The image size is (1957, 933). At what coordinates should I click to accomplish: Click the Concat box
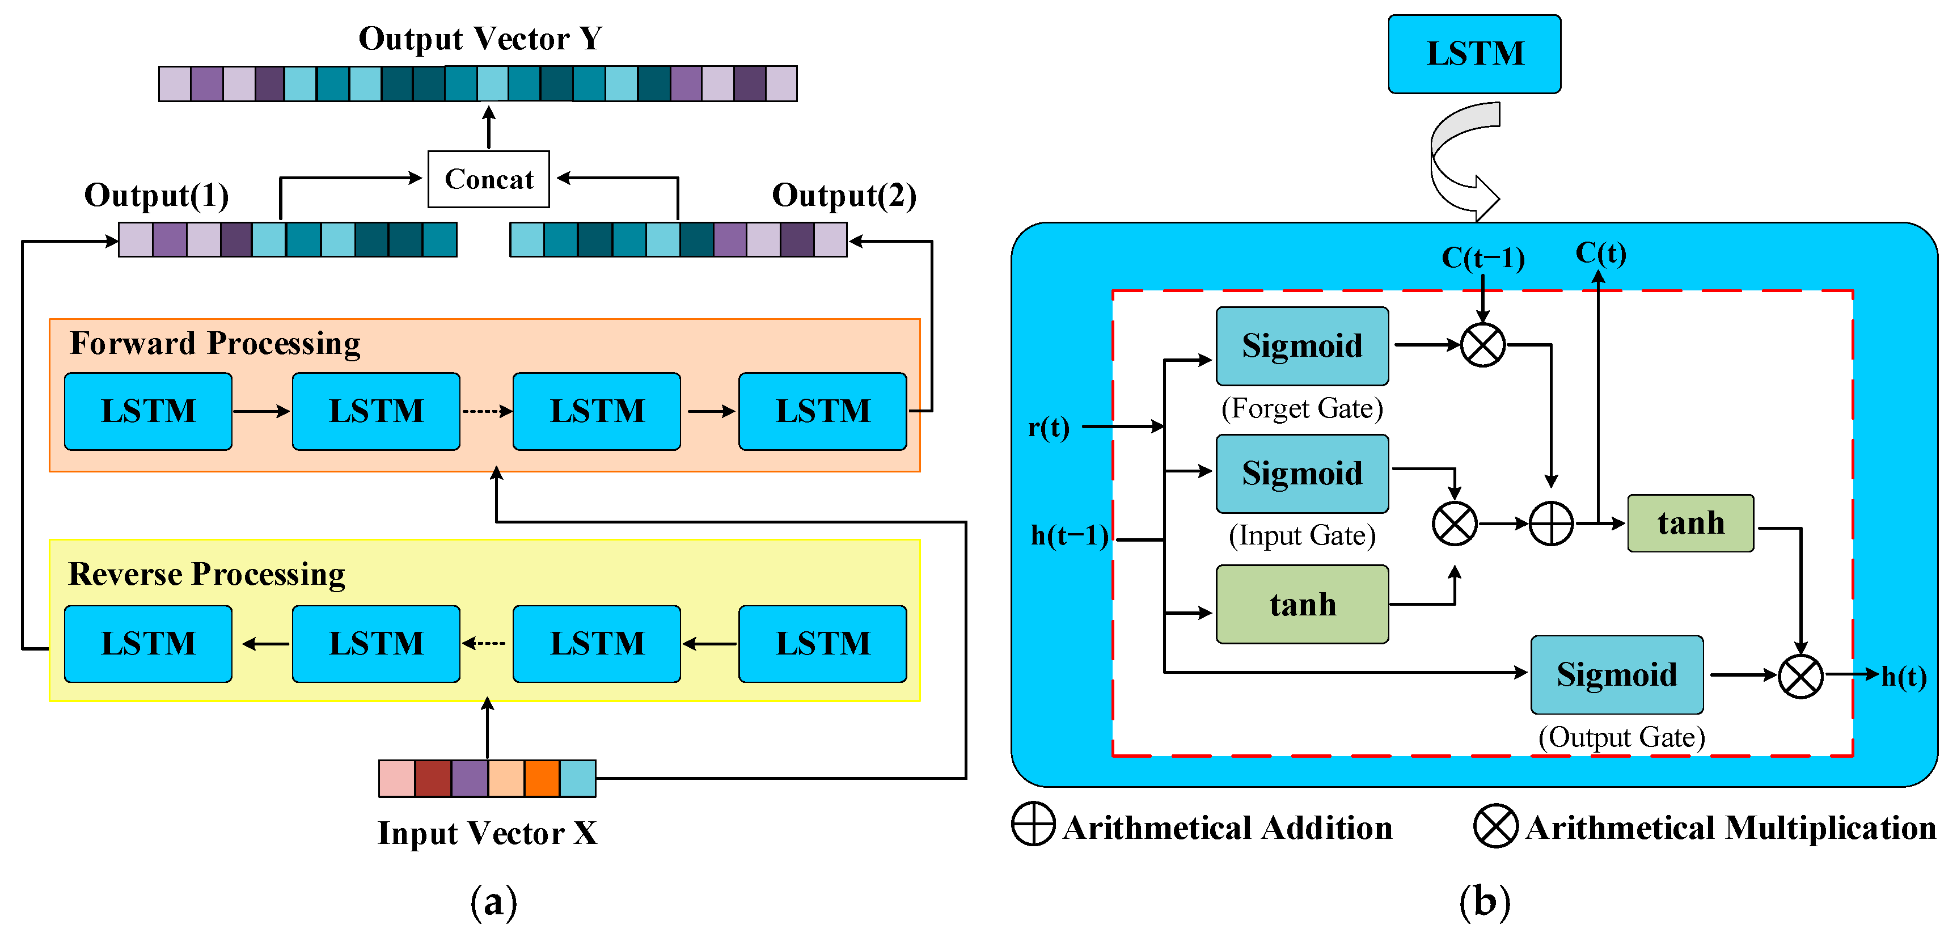488,179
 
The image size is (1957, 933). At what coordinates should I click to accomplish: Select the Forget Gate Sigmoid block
1302,346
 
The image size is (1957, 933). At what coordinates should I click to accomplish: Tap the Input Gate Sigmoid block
1302,474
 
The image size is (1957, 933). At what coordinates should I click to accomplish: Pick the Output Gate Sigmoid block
1617,675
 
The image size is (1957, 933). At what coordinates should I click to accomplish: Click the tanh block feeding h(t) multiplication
1690,524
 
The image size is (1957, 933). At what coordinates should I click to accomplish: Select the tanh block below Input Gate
1302,605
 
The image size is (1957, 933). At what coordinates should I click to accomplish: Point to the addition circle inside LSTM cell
1550,524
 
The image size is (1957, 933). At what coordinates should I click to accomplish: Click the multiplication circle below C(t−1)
1483,345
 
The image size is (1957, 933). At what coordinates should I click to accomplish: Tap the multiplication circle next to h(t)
1800,676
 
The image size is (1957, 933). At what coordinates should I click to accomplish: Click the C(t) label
1601,253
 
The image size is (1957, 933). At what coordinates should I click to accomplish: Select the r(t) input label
1049,428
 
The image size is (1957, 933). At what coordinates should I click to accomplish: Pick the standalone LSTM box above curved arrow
1474,54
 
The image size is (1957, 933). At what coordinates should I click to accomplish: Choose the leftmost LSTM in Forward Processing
148,411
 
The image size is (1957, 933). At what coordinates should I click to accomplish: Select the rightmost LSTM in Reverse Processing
823,644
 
